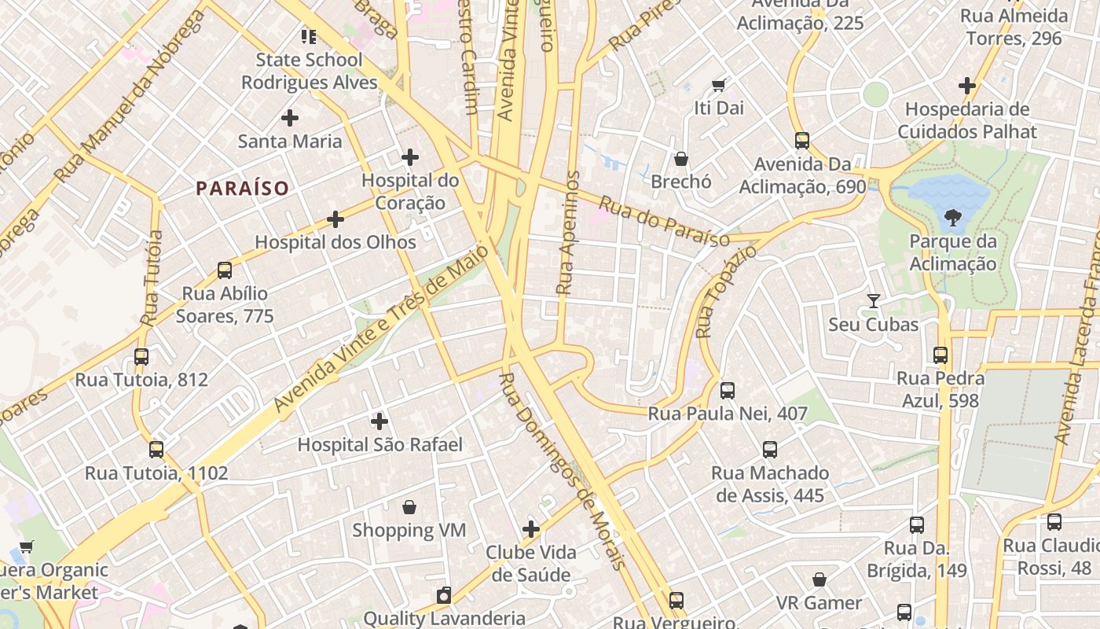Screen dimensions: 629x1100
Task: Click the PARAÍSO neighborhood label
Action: click(243, 189)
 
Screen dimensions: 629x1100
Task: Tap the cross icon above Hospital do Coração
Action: click(409, 157)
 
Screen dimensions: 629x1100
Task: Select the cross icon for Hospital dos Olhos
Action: click(335, 219)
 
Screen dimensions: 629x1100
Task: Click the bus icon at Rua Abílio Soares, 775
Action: click(225, 270)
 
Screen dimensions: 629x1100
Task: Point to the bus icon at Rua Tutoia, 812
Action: click(141, 356)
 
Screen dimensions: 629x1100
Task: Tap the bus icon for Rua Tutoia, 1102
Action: click(156, 450)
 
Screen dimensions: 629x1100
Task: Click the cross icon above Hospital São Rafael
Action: click(379, 421)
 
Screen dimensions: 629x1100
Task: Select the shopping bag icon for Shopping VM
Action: click(409, 507)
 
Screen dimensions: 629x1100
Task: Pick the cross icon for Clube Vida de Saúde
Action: click(531, 529)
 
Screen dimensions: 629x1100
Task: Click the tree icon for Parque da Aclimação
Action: click(952, 217)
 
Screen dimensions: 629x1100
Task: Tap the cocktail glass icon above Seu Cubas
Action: click(873, 301)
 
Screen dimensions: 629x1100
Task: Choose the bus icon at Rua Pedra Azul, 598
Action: click(940, 355)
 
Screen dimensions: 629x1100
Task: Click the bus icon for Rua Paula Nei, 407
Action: click(728, 390)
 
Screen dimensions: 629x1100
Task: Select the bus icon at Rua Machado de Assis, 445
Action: click(770, 450)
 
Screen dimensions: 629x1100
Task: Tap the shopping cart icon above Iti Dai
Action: click(718, 85)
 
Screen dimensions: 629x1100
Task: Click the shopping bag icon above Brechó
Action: click(681, 159)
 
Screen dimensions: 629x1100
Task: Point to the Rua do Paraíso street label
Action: click(664, 222)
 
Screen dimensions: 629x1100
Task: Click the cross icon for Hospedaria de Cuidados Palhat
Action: click(967, 86)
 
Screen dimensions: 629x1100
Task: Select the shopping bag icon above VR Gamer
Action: click(819, 579)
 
